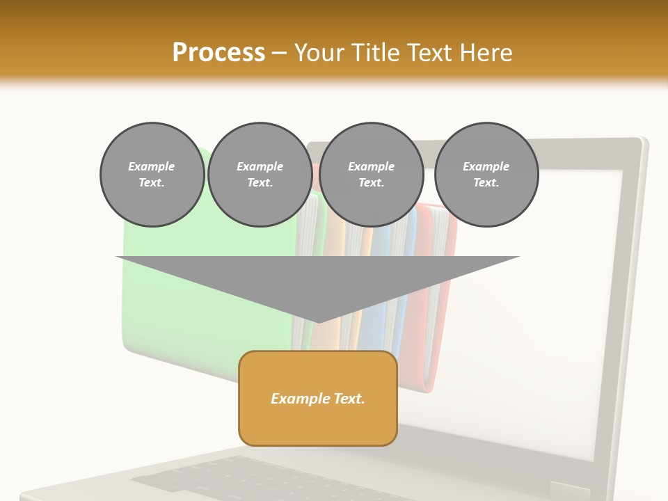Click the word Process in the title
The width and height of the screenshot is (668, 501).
point(218,53)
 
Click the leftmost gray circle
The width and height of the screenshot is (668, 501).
point(152,175)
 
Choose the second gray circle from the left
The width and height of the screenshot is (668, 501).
point(260,175)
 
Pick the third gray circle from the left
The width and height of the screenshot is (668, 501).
point(371,175)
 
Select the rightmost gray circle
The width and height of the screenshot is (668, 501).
point(486,175)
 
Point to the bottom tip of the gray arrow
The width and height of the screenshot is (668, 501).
point(318,321)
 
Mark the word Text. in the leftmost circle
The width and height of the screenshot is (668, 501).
point(152,183)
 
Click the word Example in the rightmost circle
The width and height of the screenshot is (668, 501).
point(486,166)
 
